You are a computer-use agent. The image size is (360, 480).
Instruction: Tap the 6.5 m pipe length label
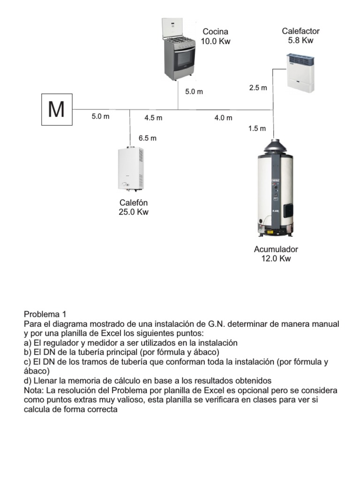coord(147,138)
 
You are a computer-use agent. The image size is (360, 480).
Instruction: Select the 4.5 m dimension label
coord(153,118)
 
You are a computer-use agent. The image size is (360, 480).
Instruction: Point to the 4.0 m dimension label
coord(223,118)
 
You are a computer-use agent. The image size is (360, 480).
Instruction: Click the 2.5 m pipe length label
coord(258,88)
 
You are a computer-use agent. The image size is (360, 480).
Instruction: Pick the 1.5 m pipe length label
coord(257,128)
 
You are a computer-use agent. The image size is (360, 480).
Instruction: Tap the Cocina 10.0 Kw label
coord(216,37)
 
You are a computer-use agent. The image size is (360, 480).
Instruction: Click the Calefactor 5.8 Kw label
coord(300,36)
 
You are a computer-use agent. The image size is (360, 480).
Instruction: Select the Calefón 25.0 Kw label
coord(134,207)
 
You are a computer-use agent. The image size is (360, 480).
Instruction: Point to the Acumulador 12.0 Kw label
coord(276,254)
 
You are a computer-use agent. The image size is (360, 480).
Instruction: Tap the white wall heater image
coord(300,73)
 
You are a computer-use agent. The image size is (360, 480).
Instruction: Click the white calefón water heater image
coord(131,168)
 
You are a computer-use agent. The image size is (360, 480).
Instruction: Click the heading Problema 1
coord(46,315)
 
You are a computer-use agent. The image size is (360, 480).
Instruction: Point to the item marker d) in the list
coord(28,381)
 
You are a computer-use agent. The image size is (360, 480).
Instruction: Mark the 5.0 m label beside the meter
coord(100,117)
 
